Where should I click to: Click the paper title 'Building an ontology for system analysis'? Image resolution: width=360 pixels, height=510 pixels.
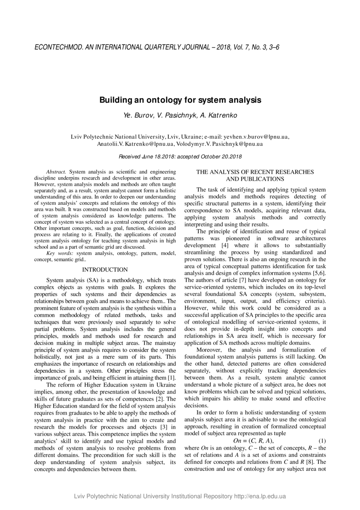tap(180, 100)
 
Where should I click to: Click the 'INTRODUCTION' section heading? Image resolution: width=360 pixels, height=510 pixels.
tap(105, 270)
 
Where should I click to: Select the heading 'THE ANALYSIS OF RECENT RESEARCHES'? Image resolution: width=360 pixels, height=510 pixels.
tap(255, 172)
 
